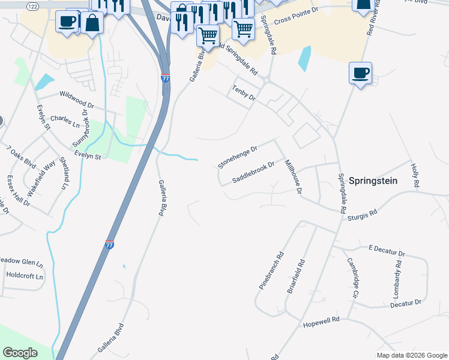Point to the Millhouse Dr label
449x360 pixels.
pyautogui.click(x=292, y=177)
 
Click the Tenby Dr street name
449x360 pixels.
pyautogui.click(x=244, y=93)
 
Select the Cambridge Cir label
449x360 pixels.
pyautogui.click(x=352, y=278)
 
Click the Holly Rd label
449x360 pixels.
pyautogui.click(x=415, y=174)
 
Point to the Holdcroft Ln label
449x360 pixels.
pyautogui.click(x=25, y=277)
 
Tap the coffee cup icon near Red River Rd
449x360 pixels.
pyautogui.click(x=360, y=73)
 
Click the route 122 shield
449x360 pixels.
pyautogui.click(x=32, y=5)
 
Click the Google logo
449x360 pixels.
pyautogui.click(x=20, y=353)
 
